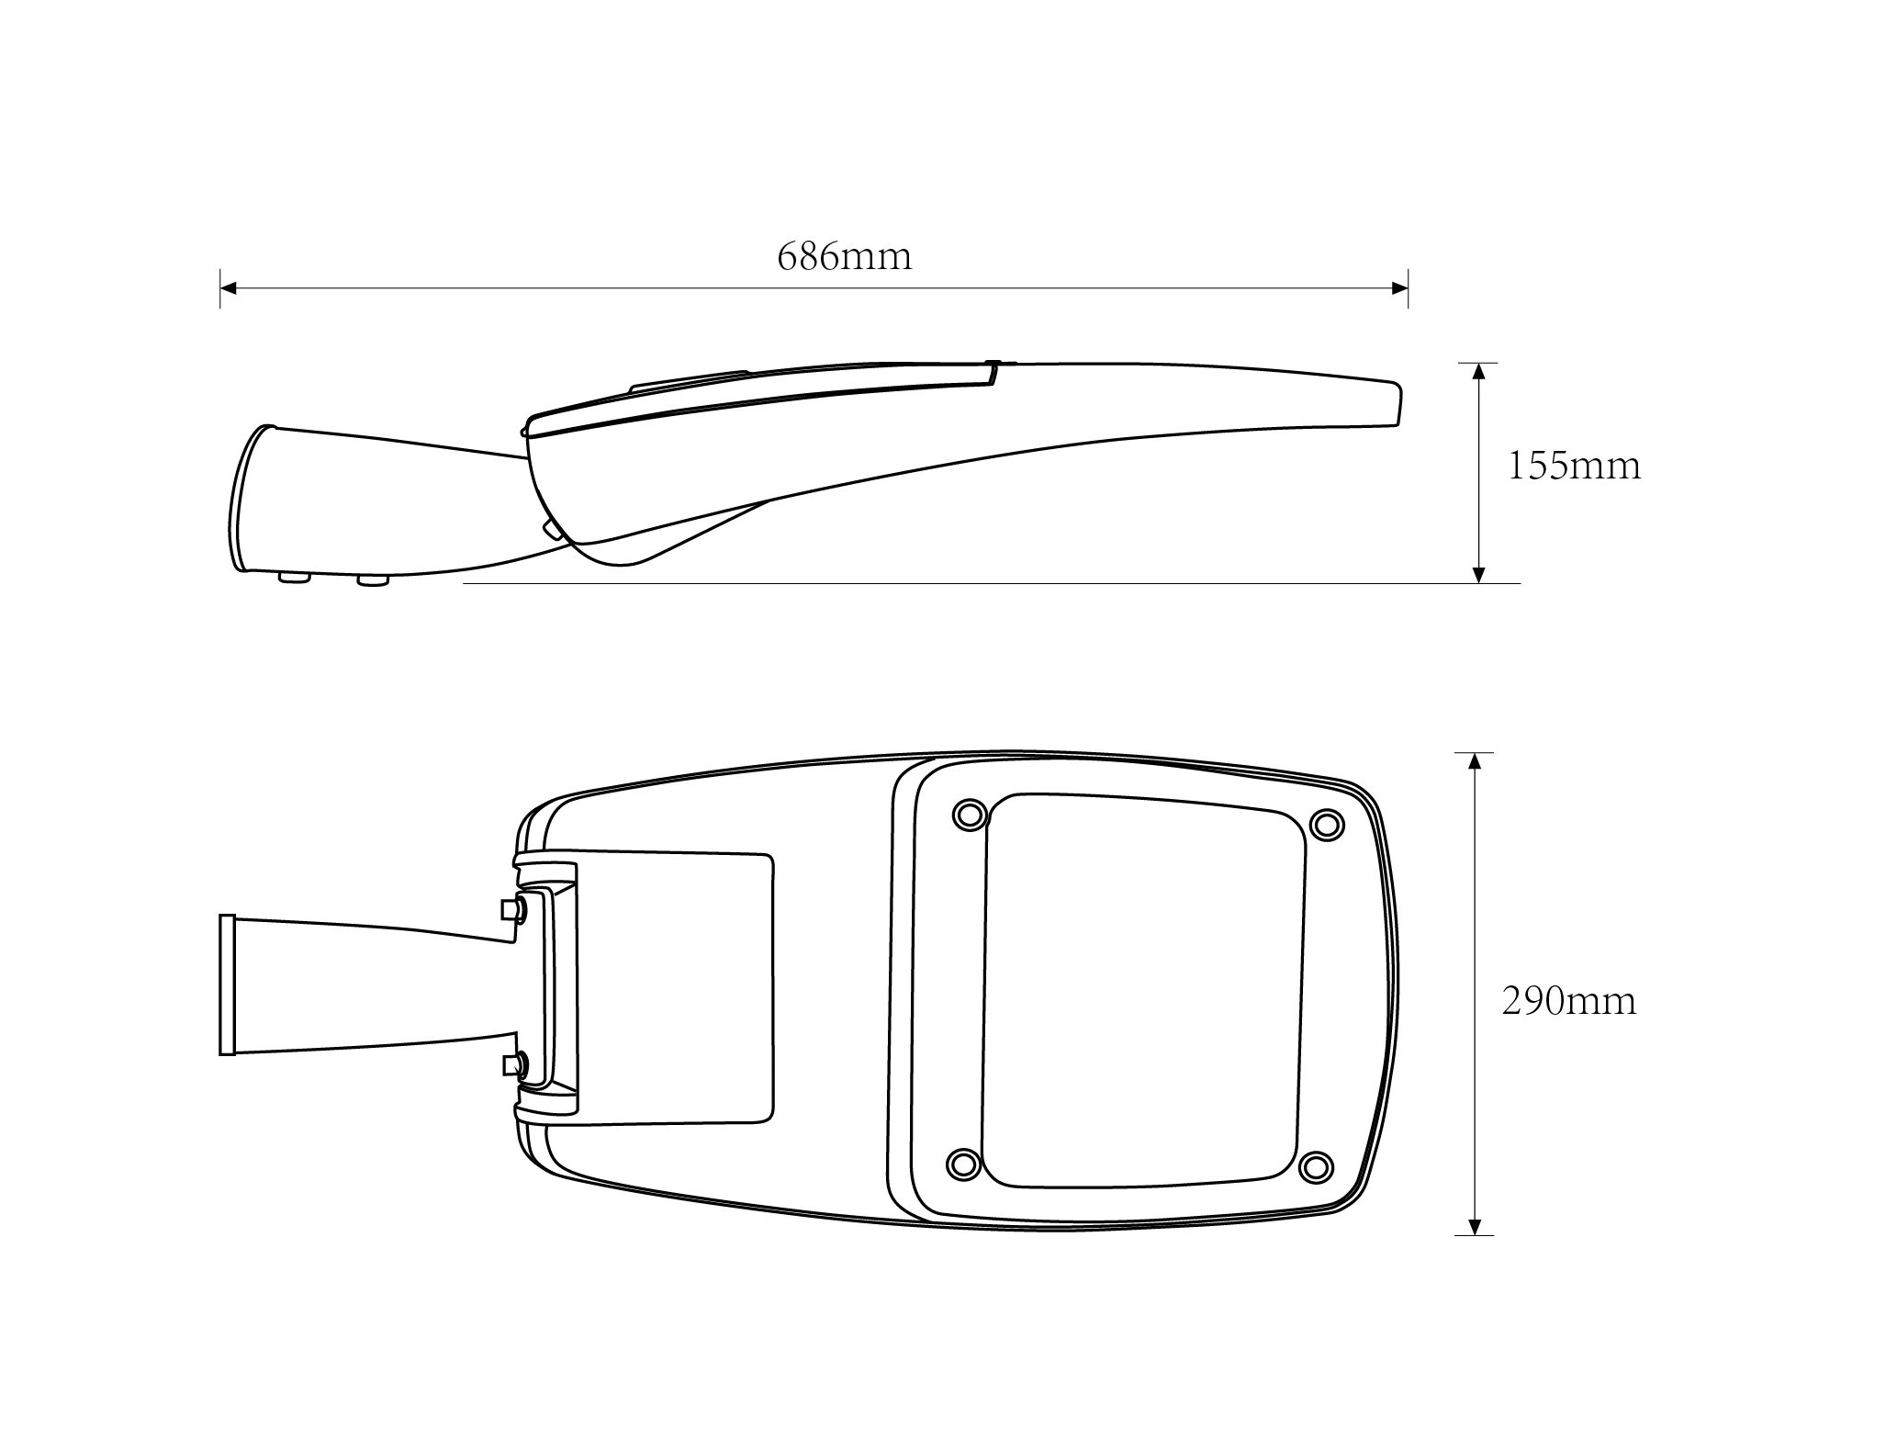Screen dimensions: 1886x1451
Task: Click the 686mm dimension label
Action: pos(845,256)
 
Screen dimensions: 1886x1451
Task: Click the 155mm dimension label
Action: pos(1574,466)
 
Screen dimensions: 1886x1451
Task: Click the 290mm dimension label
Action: pos(1569,1001)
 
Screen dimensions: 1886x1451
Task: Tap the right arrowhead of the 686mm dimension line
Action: pos(1399,288)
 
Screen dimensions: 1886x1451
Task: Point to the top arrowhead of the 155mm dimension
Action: pos(1478,372)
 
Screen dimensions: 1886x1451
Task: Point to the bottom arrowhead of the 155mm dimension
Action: pos(1478,574)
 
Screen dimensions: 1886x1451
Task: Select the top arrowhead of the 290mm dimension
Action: pos(1475,761)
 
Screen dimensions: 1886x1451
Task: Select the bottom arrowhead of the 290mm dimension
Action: pos(1475,1226)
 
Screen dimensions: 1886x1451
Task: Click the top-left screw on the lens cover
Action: pos(970,814)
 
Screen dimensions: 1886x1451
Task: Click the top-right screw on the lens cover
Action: pos(1326,824)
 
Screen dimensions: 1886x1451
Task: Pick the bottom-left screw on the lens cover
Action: pos(963,1164)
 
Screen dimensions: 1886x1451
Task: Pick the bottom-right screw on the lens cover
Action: pos(1316,1167)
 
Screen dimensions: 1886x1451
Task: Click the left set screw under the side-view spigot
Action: pos(295,578)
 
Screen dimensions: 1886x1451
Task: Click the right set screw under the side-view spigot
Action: pos(373,580)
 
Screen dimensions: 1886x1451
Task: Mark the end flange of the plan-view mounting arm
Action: pos(227,984)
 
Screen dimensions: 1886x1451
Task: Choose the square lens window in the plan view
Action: pos(1144,990)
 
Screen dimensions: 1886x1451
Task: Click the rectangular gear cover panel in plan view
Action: pos(676,987)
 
